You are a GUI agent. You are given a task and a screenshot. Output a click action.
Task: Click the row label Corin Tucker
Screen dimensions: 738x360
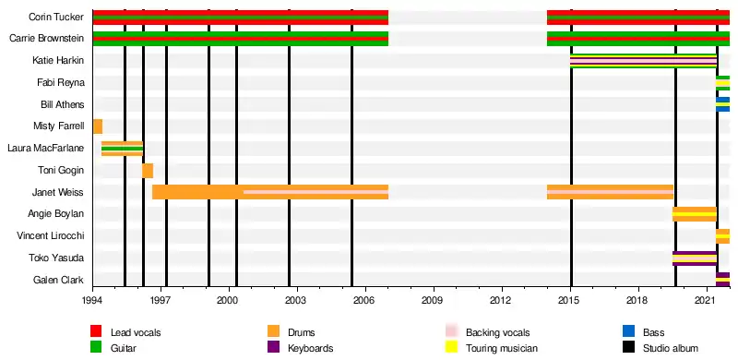tap(56, 17)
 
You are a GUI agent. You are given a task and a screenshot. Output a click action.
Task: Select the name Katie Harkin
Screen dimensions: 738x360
tap(58, 60)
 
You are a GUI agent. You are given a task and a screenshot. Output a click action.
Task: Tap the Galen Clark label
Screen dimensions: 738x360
tap(59, 280)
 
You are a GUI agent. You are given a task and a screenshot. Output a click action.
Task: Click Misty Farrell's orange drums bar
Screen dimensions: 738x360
tap(98, 126)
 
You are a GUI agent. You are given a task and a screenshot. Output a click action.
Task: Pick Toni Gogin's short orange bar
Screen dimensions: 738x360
tap(148, 170)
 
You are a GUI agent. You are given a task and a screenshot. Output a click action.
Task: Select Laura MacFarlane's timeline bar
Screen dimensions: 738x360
tap(123, 149)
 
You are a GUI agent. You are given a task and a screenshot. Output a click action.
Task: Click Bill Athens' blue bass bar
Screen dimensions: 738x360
tap(723, 104)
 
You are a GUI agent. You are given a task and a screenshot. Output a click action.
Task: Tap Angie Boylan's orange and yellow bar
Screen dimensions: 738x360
tap(695, 214)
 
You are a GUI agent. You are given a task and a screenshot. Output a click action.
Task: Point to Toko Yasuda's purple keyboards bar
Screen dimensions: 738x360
tap(695, 258)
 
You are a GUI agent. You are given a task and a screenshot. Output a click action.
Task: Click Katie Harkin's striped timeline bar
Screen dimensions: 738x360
tap(643, 61)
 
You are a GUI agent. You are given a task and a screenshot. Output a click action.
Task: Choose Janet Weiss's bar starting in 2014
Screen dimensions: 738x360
tap(610, 192)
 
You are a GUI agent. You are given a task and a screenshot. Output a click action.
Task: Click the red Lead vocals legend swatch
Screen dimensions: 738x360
tap(96, 331)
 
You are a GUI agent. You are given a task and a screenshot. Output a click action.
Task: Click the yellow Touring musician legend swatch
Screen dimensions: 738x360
tap(451, 348)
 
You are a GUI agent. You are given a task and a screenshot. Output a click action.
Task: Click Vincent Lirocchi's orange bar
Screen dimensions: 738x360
tap(723, 236)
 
